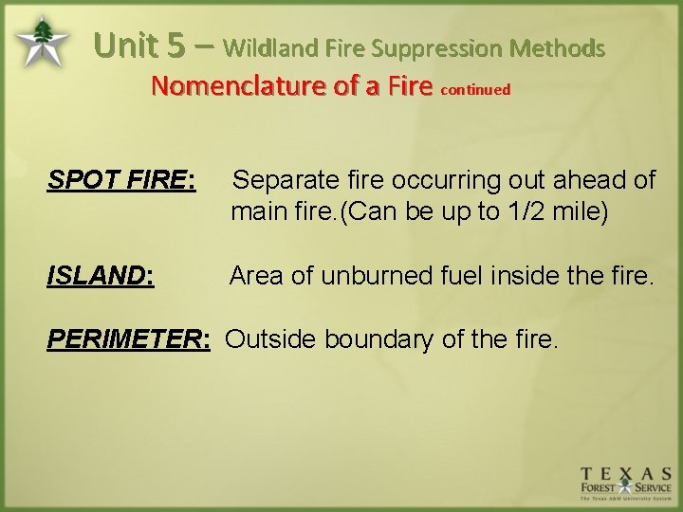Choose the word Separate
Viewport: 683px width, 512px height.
point(282,180)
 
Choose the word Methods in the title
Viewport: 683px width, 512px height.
point(557,46)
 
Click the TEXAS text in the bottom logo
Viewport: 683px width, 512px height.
point(627,473)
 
